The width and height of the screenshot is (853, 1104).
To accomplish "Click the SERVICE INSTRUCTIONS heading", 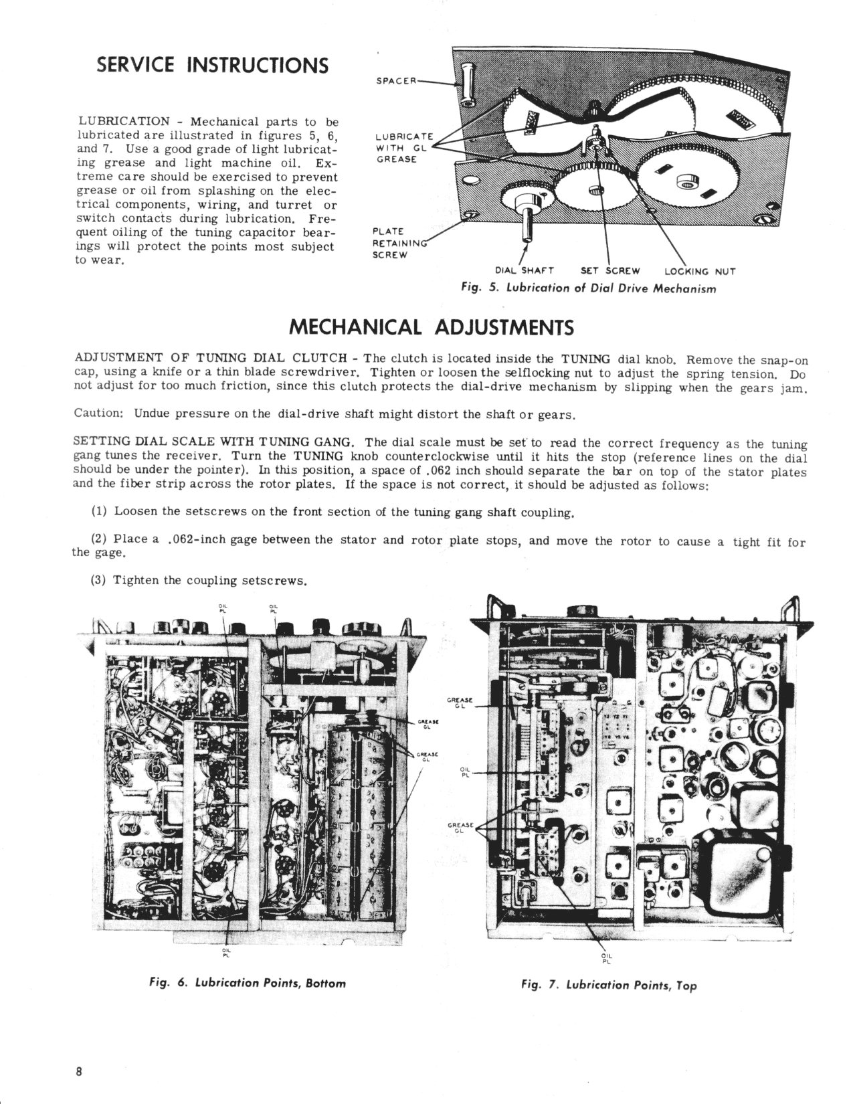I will pos(213,66).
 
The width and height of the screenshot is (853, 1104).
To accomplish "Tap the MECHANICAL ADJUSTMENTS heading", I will pos(431,327).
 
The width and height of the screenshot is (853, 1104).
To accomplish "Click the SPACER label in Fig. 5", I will pos(397,81).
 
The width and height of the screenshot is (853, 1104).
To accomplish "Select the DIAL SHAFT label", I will pos(524,271).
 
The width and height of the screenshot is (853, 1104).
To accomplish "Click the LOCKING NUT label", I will pos(700,271).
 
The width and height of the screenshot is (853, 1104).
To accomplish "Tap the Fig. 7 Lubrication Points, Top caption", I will pos(609,984).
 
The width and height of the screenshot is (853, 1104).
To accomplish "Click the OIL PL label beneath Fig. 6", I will pos(225,952).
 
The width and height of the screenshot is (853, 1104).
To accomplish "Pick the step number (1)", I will pos(100,512).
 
